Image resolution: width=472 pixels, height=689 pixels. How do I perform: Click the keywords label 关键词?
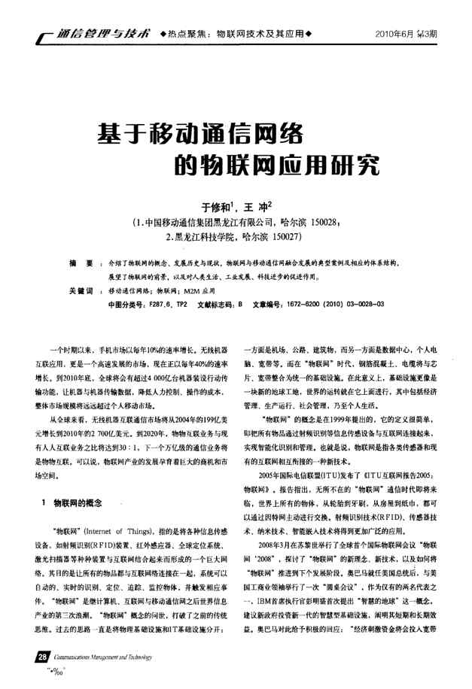pyautogui.click(x=80, y=290)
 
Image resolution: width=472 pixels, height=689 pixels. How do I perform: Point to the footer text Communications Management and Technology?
pyautogui.click(x=99, y=658)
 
